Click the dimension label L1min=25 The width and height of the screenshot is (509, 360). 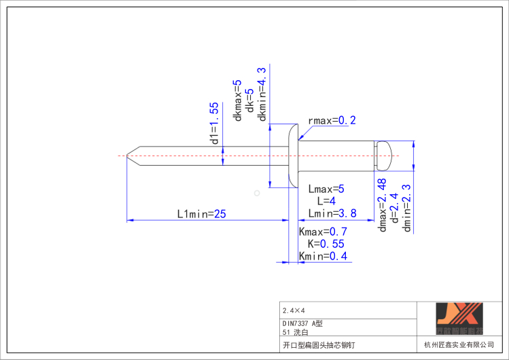point(201,213)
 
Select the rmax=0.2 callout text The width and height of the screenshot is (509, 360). point(332,121)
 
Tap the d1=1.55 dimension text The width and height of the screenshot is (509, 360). point(214,124)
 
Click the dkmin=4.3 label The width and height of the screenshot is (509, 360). point(262,94)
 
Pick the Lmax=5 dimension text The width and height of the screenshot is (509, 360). point(326,189)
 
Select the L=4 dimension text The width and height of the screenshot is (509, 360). point(326,201)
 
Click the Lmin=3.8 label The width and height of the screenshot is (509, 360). point(331,213)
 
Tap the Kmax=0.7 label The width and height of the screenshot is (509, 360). point(323,232)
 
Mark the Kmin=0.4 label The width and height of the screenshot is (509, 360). point(323,256)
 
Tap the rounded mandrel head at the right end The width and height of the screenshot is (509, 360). point(385,156)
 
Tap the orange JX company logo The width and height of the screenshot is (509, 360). point(459,318)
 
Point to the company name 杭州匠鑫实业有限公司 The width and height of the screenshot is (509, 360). point(459,345)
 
